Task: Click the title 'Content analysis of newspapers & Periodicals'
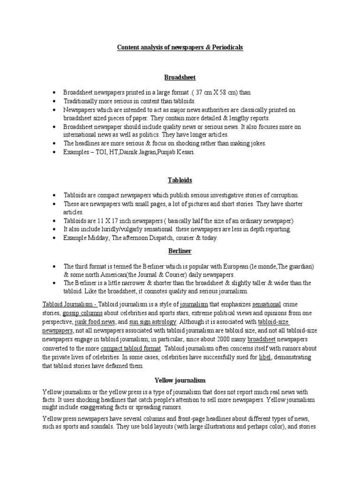(x=180, y=48)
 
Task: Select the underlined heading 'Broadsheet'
(x=180, y=77)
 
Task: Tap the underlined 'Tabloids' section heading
(x=180, y=180)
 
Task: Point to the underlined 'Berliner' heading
(x=180, y=251)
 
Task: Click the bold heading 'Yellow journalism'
(x=180, y=380)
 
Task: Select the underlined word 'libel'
(x=265, y=357)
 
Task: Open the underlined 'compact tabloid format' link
(x=130, y=348)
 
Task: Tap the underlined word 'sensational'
(x=267, y=304)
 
